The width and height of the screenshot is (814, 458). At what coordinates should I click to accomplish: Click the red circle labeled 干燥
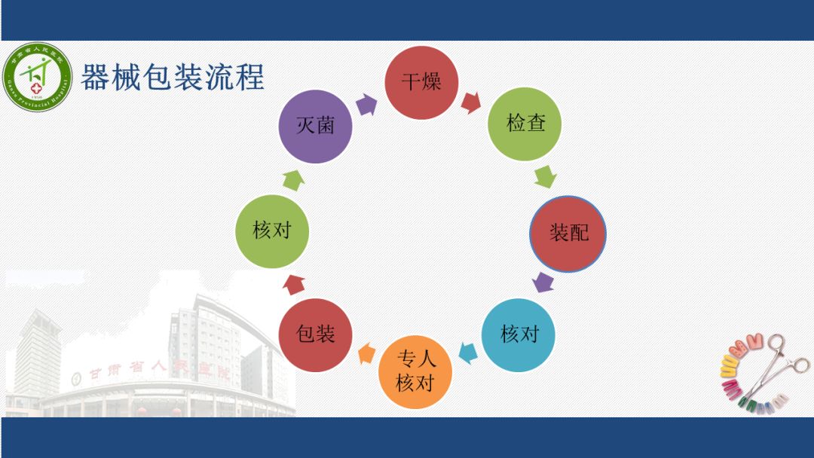421,82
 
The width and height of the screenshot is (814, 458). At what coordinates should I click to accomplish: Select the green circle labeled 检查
525,124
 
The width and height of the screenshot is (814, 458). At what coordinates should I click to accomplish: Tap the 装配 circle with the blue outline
568,233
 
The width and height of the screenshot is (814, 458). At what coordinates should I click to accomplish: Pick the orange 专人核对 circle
415,371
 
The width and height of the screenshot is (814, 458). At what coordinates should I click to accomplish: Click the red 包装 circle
316,334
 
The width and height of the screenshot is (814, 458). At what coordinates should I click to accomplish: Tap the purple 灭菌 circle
315,126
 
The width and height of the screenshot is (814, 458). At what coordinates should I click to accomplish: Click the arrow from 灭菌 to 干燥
366,104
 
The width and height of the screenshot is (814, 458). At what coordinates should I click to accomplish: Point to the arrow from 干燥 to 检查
472,102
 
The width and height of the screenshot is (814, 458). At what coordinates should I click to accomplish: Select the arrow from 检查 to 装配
545,177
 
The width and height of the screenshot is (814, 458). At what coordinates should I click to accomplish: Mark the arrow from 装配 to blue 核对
543,282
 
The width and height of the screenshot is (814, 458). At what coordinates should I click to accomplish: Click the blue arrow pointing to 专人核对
468,352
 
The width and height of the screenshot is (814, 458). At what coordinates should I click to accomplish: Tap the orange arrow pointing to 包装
366,353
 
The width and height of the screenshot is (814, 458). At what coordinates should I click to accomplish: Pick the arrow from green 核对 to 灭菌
293,179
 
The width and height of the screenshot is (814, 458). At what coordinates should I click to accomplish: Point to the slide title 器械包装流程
173,78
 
